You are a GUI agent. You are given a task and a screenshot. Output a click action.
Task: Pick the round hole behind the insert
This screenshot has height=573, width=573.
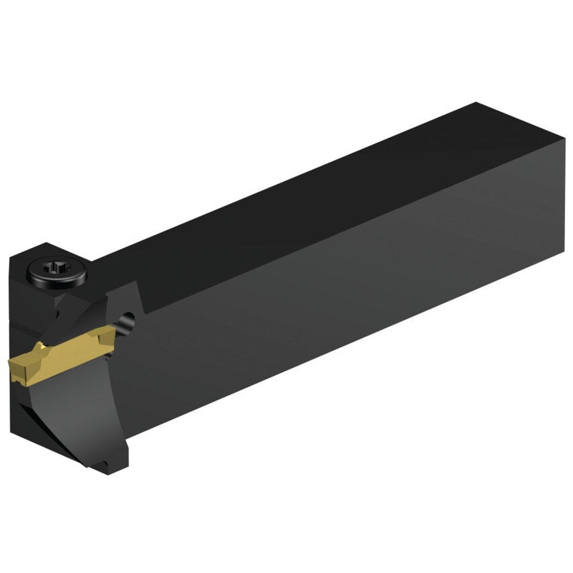coord(127,321)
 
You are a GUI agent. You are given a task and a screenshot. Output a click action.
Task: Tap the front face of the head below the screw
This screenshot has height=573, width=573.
coord(30,309)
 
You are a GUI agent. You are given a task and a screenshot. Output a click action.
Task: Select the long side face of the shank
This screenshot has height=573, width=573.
coord(349,295)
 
